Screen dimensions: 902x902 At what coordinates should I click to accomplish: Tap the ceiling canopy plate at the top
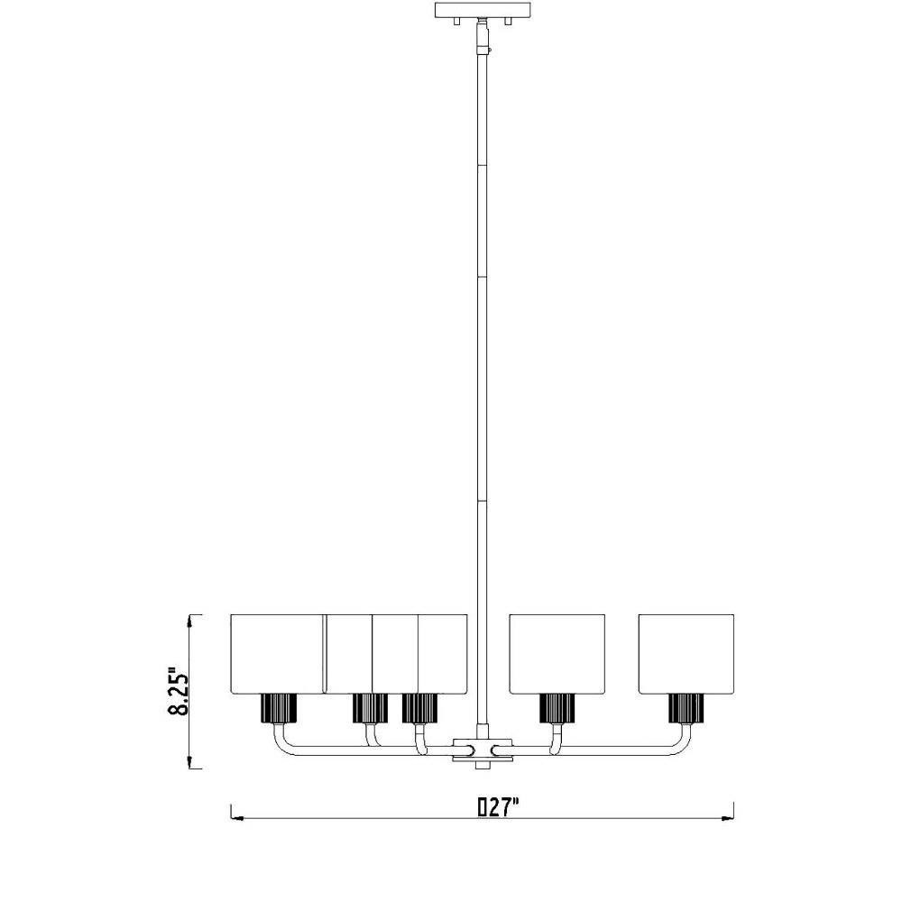(x=482, y=10)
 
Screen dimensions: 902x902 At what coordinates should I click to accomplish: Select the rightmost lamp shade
(x=686, y=653)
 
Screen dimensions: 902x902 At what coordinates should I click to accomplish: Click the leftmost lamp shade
(x=276, y=653)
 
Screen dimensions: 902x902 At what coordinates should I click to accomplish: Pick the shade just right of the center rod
(x=557, y=653)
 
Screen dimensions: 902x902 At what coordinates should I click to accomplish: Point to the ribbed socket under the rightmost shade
(x=686, y=708)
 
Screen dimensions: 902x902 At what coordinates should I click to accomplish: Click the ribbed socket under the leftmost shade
(x=279, y=708)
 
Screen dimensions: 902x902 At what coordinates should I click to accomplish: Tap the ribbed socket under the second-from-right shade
(x=557, y=708)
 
